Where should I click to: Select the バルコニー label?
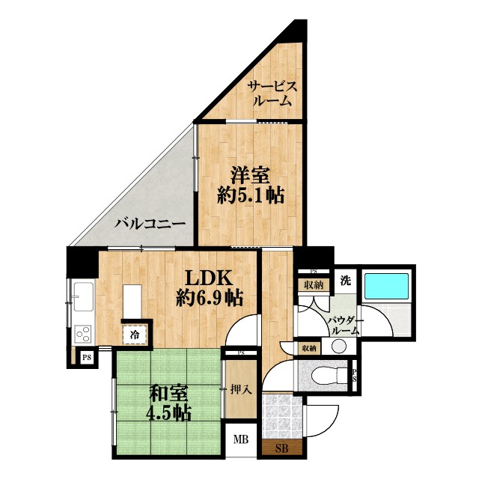pyautogui.click(x=150, y=223)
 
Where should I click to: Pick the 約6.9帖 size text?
pyautogui.click(x=209, y=297)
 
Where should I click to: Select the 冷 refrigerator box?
pyautogui.click(x=135, y=334)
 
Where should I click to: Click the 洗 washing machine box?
pyautogui.click(x=346, y=281)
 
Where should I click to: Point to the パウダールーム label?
pyautogui.click(x=347, y=326)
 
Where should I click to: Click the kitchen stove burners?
pyautogui.click(x=82, y=332)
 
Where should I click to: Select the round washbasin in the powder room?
pyautogui.click(x=339, y=345)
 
